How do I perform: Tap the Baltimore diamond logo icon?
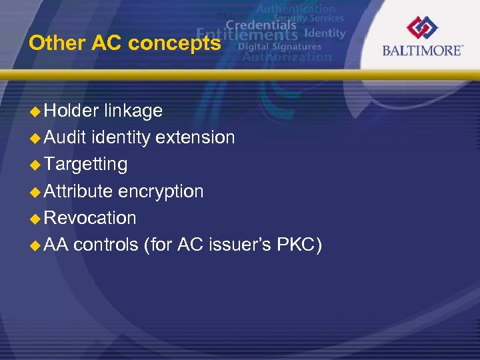coord(423,28)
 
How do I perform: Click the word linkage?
coord(133,111)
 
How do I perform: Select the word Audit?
coord(66,137)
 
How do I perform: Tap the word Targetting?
coord(85,165)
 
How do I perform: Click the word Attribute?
coord(79,191)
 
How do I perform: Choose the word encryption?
coord(161,191)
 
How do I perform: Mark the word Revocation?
coord(90,218)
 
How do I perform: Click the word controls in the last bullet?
coord(106,245)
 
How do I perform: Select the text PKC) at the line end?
coord(302,245)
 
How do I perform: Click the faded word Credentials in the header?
coord(260,25)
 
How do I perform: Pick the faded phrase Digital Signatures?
coord(279,47)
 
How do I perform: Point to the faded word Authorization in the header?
coord(287,57)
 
